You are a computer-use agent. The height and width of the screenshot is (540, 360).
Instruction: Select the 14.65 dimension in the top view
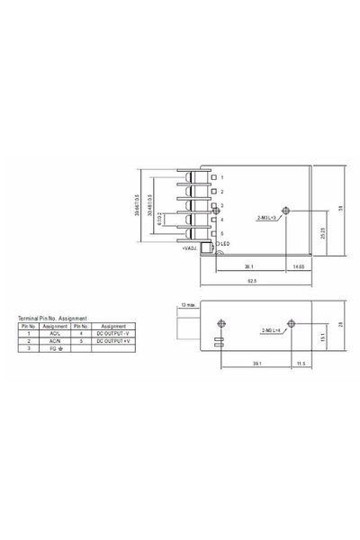coord(297,266)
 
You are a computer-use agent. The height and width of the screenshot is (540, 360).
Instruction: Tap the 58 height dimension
coord(340,208)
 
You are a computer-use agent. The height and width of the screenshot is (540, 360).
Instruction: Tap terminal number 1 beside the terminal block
coord(222,178)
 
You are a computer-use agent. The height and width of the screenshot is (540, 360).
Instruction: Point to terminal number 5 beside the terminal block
coord(222,233)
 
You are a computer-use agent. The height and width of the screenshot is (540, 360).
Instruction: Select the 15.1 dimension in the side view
coord(323,338)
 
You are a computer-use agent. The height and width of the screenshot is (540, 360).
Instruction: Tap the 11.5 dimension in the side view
coord(301,362)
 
